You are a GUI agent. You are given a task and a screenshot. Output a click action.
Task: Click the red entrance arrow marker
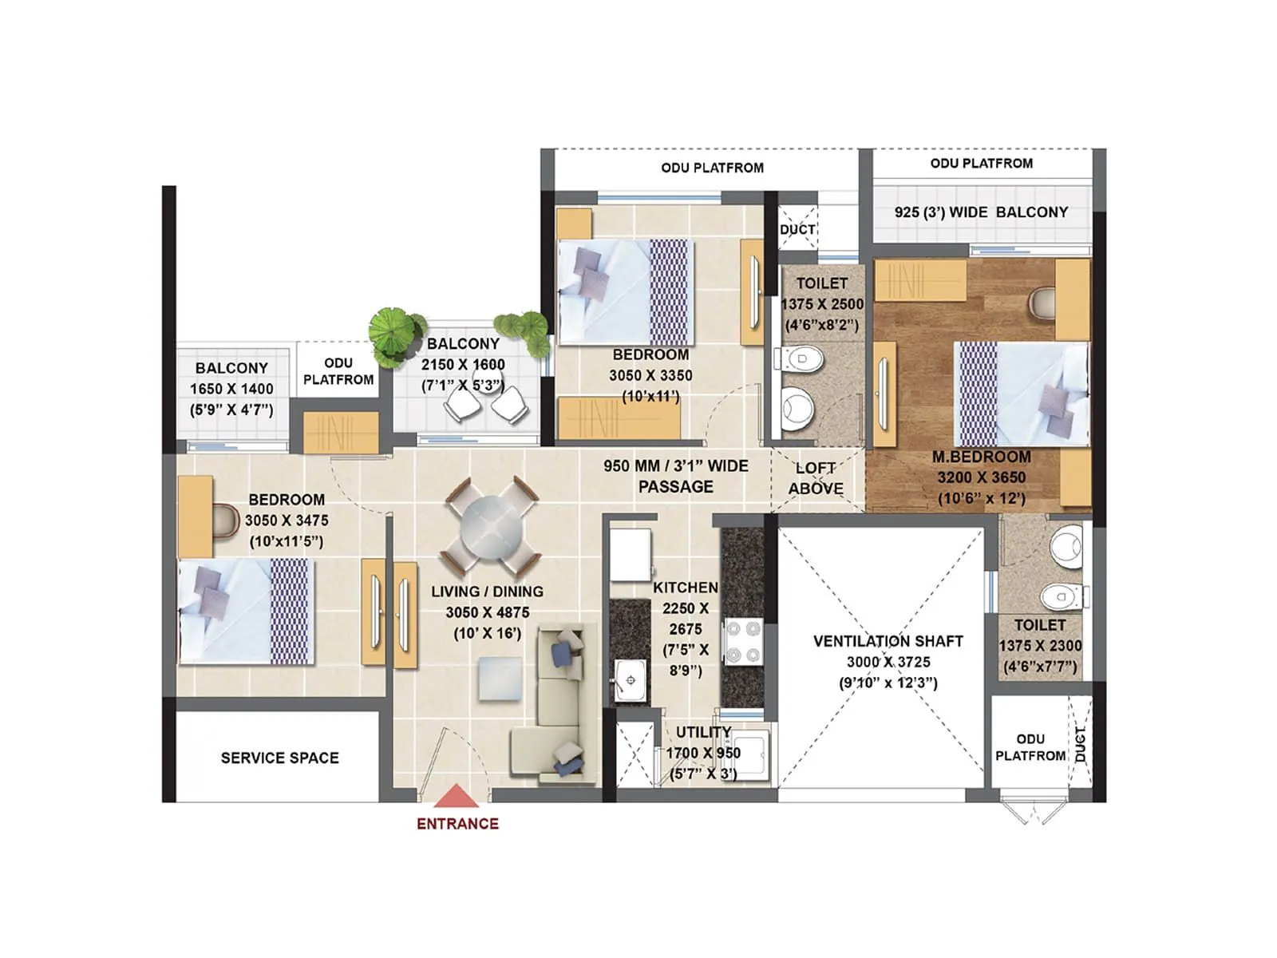click(x=456, y=798)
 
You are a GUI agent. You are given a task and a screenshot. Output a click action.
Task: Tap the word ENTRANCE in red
click(x=457, y=824)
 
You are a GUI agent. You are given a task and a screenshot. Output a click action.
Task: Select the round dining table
click(x=490, y=528)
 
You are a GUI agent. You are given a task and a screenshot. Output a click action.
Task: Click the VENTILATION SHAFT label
click(x=888, y=641)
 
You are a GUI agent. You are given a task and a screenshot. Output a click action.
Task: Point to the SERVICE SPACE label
click(x=279, y=758)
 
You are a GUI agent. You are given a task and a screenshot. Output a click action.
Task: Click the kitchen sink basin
click(x=631, y=680)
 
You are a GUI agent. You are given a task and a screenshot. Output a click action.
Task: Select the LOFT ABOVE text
click(x=816, y=478)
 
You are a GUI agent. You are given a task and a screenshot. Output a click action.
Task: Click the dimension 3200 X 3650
click(x=981, y=477)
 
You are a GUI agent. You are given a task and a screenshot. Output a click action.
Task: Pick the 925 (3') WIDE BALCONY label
click(x=981, y=212)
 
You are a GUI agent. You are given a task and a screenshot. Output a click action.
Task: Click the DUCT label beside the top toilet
click(x=797, y=229)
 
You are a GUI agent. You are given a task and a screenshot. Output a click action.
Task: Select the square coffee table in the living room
click(x=500, y=679)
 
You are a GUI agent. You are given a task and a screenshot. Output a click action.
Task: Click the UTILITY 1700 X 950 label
click(x=703, y=742)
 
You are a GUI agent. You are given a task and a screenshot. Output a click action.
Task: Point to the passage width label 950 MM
click(x=675, y=466)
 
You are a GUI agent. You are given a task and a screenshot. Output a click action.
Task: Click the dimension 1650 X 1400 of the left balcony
click(x=231, y=389)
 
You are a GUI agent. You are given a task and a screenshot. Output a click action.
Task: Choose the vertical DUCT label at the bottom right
click(x=1081, y=743)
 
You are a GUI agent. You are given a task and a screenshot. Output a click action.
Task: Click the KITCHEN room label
click(x=685, y=588)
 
